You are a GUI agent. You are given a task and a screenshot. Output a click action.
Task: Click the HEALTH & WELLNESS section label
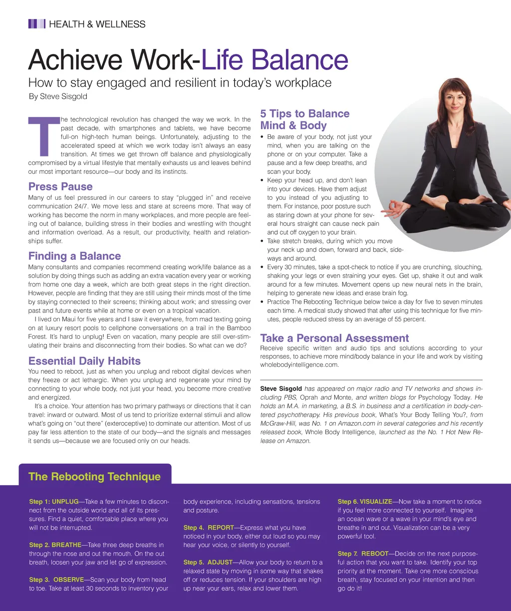tap(97, 24)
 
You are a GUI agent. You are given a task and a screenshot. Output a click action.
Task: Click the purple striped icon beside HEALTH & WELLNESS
tap(36, 24)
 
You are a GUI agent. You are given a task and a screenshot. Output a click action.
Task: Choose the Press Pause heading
tap(60, 187)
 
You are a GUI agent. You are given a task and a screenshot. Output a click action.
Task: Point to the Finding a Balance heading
tap(74, 256)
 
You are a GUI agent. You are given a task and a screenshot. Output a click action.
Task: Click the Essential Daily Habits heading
tap(84, 361)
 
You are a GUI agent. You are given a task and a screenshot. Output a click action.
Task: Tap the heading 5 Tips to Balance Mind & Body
tap(304, 120)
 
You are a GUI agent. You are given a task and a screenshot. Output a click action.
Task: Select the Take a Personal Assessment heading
tap(334, 338)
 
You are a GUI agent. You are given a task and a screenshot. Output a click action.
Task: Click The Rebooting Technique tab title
tap(94, 477)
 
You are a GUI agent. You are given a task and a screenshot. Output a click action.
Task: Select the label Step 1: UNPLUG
tap(54, 502)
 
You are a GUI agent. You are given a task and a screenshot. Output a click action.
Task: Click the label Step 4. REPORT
tap(208, 528)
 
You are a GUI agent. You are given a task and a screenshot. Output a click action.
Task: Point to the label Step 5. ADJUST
tap(208, 563)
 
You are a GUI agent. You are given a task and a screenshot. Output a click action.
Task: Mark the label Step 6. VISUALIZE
tap(365, 502)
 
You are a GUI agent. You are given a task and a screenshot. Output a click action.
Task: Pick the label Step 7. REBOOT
tap(362, 554)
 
